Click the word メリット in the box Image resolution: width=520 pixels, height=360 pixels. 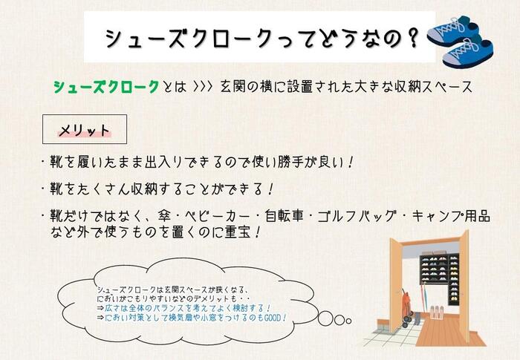click(84, 131)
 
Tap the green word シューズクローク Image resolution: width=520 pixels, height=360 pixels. click(106, 87)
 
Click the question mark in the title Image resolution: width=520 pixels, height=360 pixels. click(412, 38)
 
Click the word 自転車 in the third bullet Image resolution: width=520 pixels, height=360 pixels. click(285, 216)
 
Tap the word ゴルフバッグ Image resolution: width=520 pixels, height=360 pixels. click(357, 216)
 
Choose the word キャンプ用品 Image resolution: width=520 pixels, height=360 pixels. click(451, 216)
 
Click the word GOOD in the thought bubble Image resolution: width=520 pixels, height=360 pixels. click(272, 318)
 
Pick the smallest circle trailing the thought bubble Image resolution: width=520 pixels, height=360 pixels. click(348, 321)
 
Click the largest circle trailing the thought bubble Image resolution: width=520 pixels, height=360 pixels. click(325, 318)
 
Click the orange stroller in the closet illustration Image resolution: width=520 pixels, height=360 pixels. click(407, 307)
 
